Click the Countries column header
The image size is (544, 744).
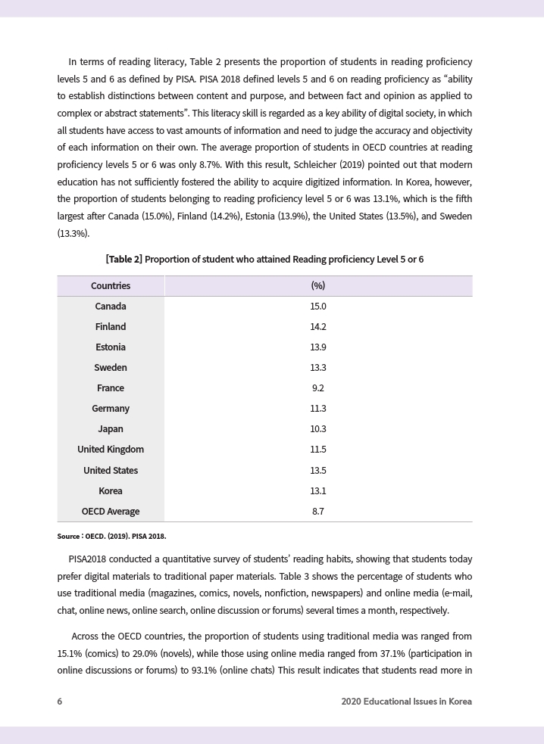click(111, 286)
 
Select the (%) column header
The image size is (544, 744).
click(318, 286)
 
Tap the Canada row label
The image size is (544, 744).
click(111, 307)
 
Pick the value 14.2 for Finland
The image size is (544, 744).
click(318, 327)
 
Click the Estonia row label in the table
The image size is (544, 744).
click(111, 347)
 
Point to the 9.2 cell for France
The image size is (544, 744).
click(318, 388)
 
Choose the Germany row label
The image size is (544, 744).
click(111, 409)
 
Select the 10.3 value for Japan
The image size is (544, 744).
click(318, 429)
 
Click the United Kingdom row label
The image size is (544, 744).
click(111, 450)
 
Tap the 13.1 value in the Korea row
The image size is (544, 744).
click(318, 491)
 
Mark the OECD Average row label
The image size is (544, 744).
click(111, 512)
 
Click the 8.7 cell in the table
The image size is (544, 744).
click(318, 512)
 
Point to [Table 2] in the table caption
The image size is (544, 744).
click(123, 260)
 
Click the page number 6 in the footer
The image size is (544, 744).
click(60, 702)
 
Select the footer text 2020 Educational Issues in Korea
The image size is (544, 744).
click(406, 702)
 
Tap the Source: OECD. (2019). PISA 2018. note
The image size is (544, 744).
click(111, 537)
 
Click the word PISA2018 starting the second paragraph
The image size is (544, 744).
click(88, 559)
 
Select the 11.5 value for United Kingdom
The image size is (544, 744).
click(318, 450)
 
